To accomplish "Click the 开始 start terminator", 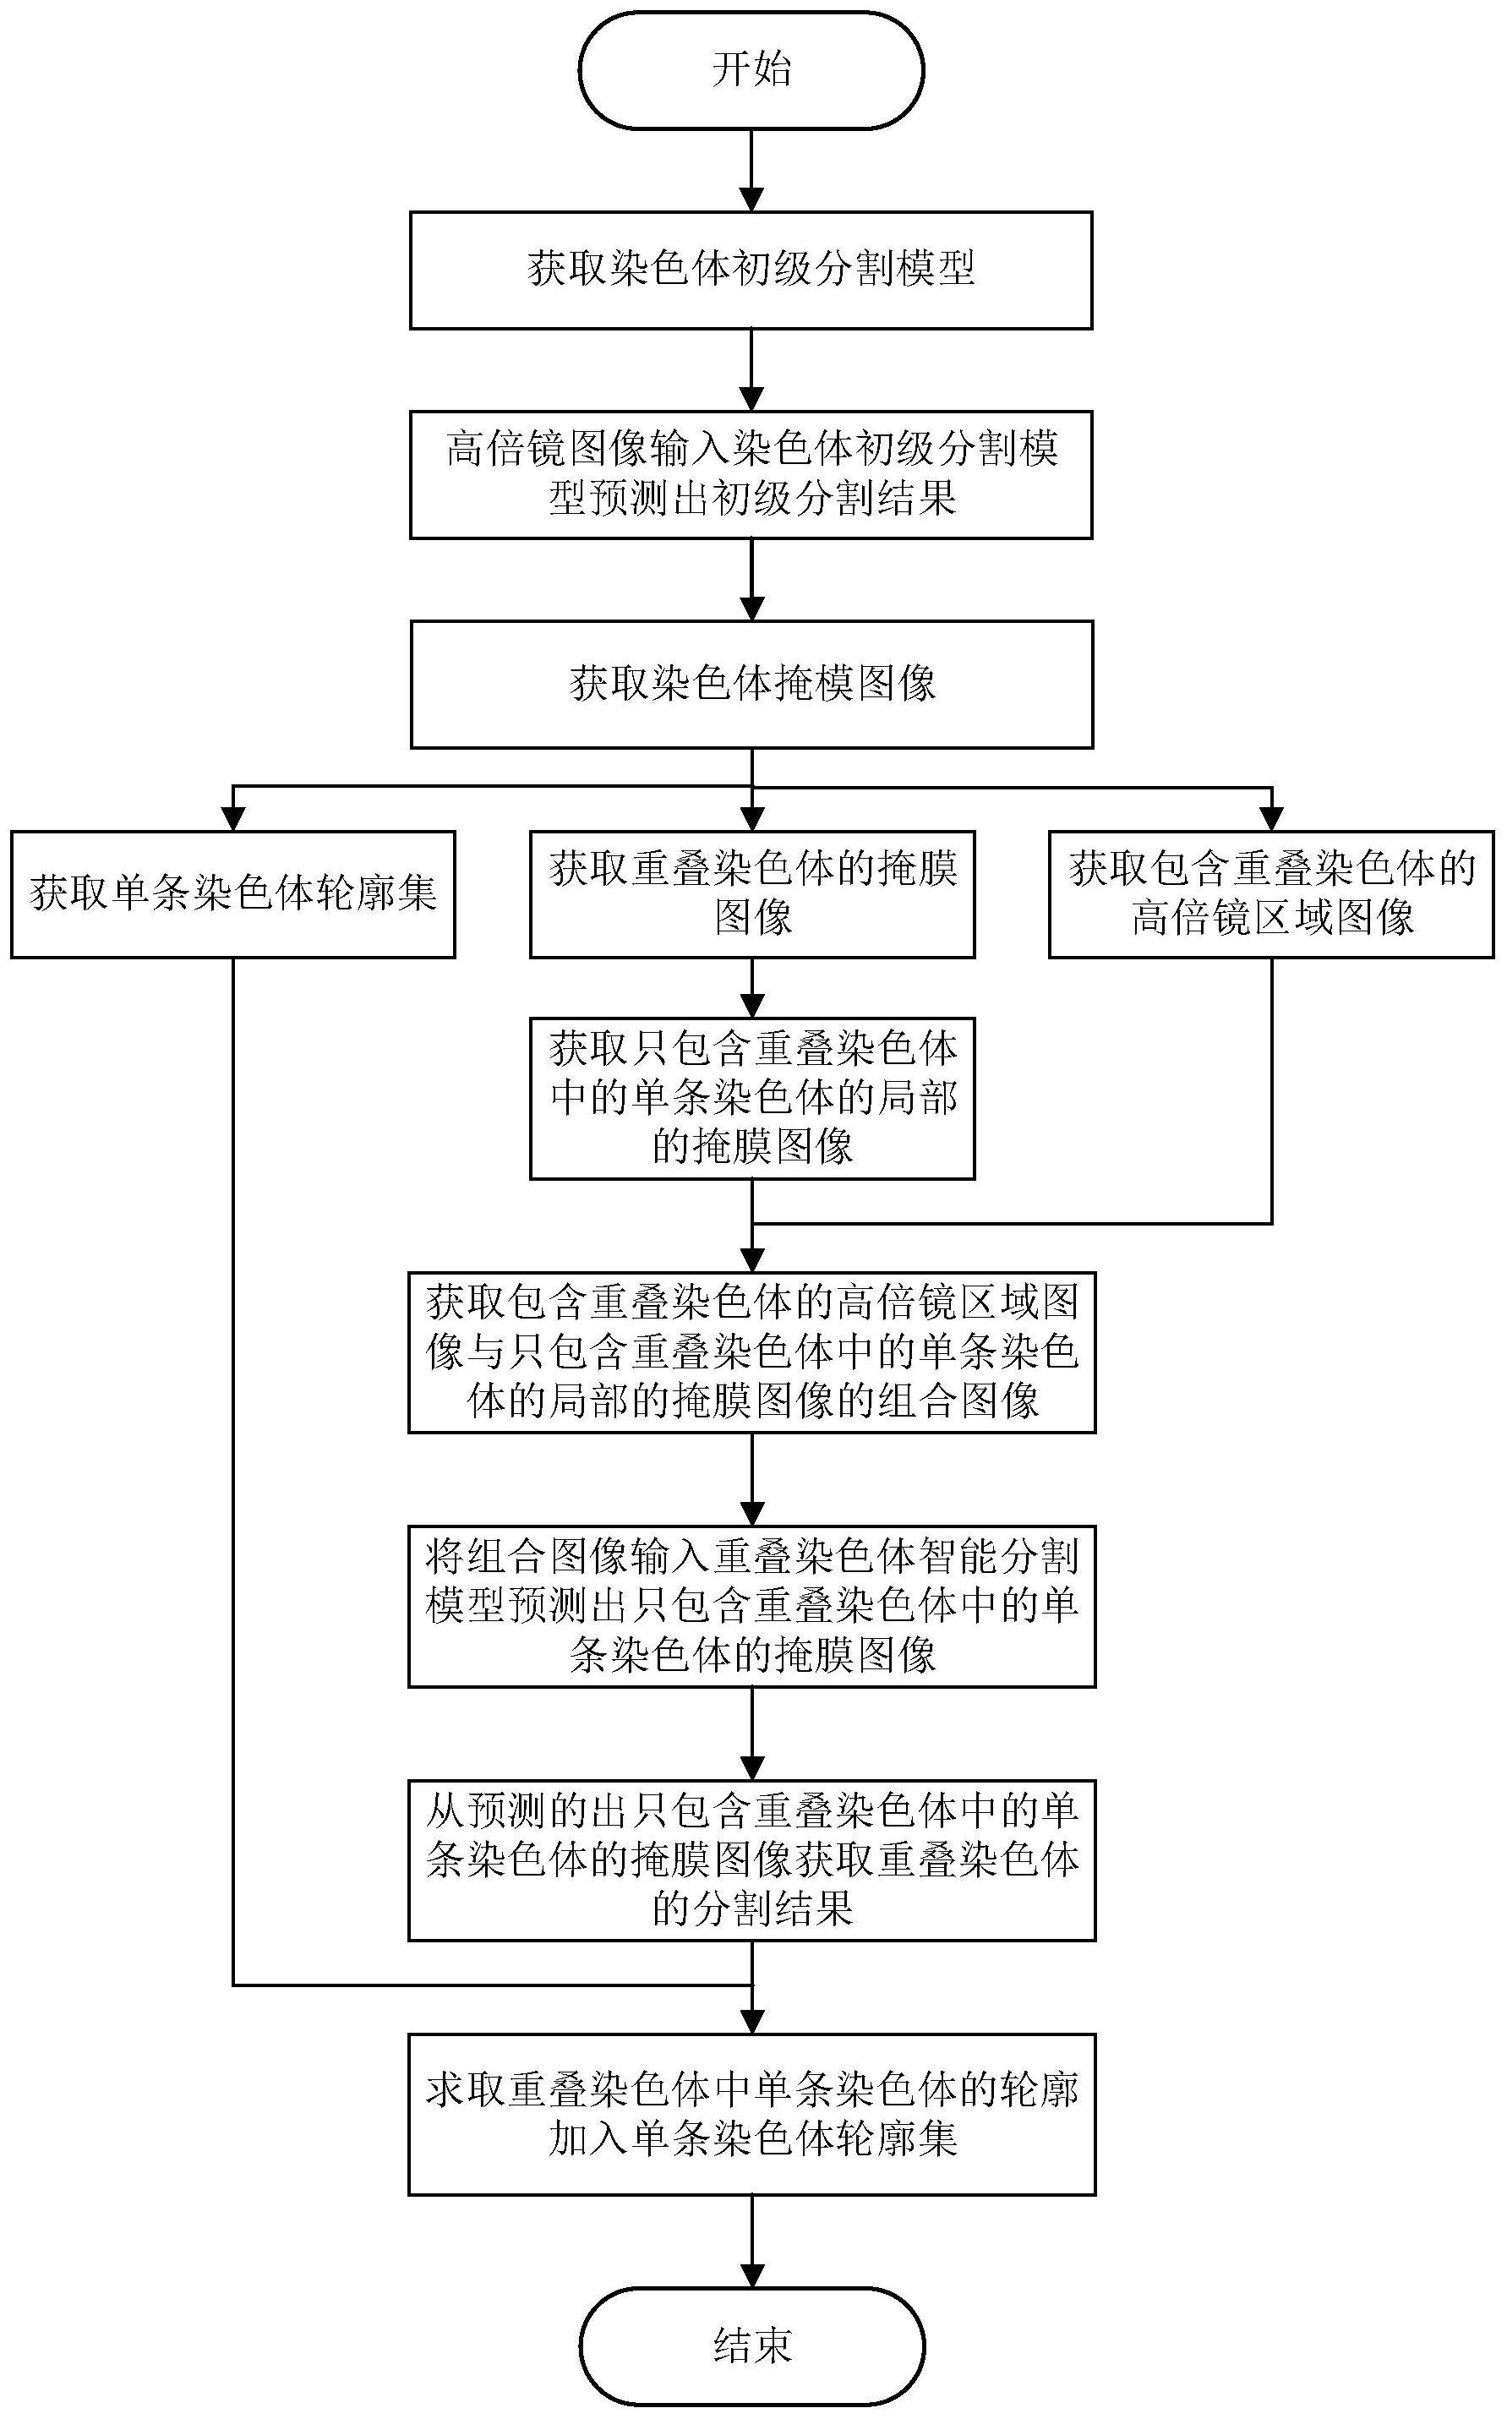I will pyautogui.click(x=751, y=71).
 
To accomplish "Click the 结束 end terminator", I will pyautogui.click(x=751, y=2346).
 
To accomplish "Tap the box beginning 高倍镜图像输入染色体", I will pyautogui.click(x=751, y=474).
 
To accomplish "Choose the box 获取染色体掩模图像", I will pyautogui.click(x=751, y=685).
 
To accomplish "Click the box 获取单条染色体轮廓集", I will pyautogui.click(x=233, y=894).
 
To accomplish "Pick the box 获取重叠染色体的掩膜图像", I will pyautogui.click(x=751, y=894).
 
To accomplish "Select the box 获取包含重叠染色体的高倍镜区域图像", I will pyautogui.click(x=1271, y=894).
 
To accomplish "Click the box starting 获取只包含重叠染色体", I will pyautogui.click(x=751, y=1097).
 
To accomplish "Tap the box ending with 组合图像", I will pyautogui.click(x=751, y=1352).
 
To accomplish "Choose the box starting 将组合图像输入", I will pyautogui.click(x=751, y=1606).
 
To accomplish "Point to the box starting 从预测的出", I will pyautogui.click(x=751, y=1859).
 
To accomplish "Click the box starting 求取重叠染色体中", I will pyautogui.click(x=751, y=2114).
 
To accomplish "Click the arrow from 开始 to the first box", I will pyautogui.click(x=751, y=169).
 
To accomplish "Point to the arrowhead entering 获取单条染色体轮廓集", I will pyautogui.click(x=233, y=819).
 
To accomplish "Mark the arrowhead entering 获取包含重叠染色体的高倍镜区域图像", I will pyautogui.click(x=1271, y=819).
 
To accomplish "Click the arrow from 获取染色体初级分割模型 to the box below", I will pyautogui.click(x=751, y=369).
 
